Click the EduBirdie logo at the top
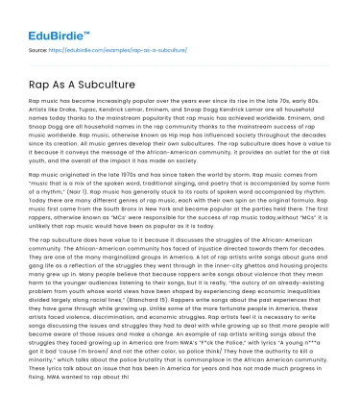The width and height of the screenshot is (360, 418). click(47, 17)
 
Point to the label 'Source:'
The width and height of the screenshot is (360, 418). click(38, 45)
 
